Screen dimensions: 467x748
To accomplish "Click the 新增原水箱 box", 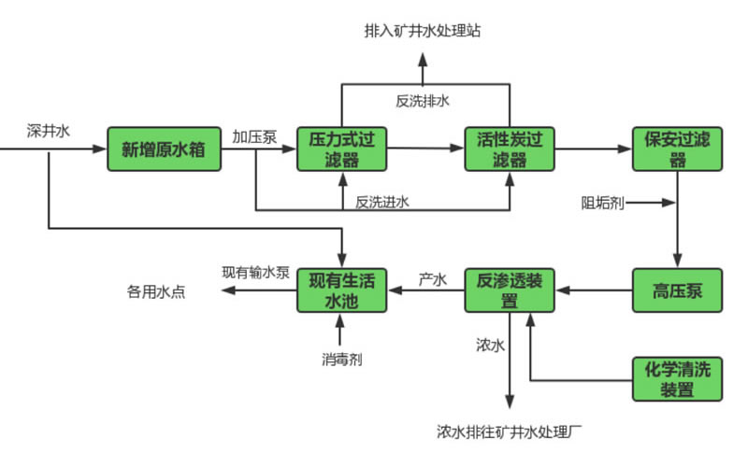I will (165, 149).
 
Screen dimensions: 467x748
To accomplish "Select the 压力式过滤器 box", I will (341, 149).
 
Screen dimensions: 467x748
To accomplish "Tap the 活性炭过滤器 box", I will (510, 149).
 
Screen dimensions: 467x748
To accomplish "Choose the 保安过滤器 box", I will (678, 149).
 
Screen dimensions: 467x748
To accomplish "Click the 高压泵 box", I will (678, 290).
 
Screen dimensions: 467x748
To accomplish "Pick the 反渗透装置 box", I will (510, 290).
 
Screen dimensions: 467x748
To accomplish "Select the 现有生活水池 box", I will (341, 290).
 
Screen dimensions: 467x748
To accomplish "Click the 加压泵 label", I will (254, 136).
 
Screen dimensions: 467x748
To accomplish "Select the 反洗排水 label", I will (424, 100).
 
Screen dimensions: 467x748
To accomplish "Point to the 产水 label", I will (432, 277).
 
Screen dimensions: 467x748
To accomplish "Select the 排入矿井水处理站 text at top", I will (424, 31).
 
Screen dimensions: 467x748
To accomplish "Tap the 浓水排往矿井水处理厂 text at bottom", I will (510, 432).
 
